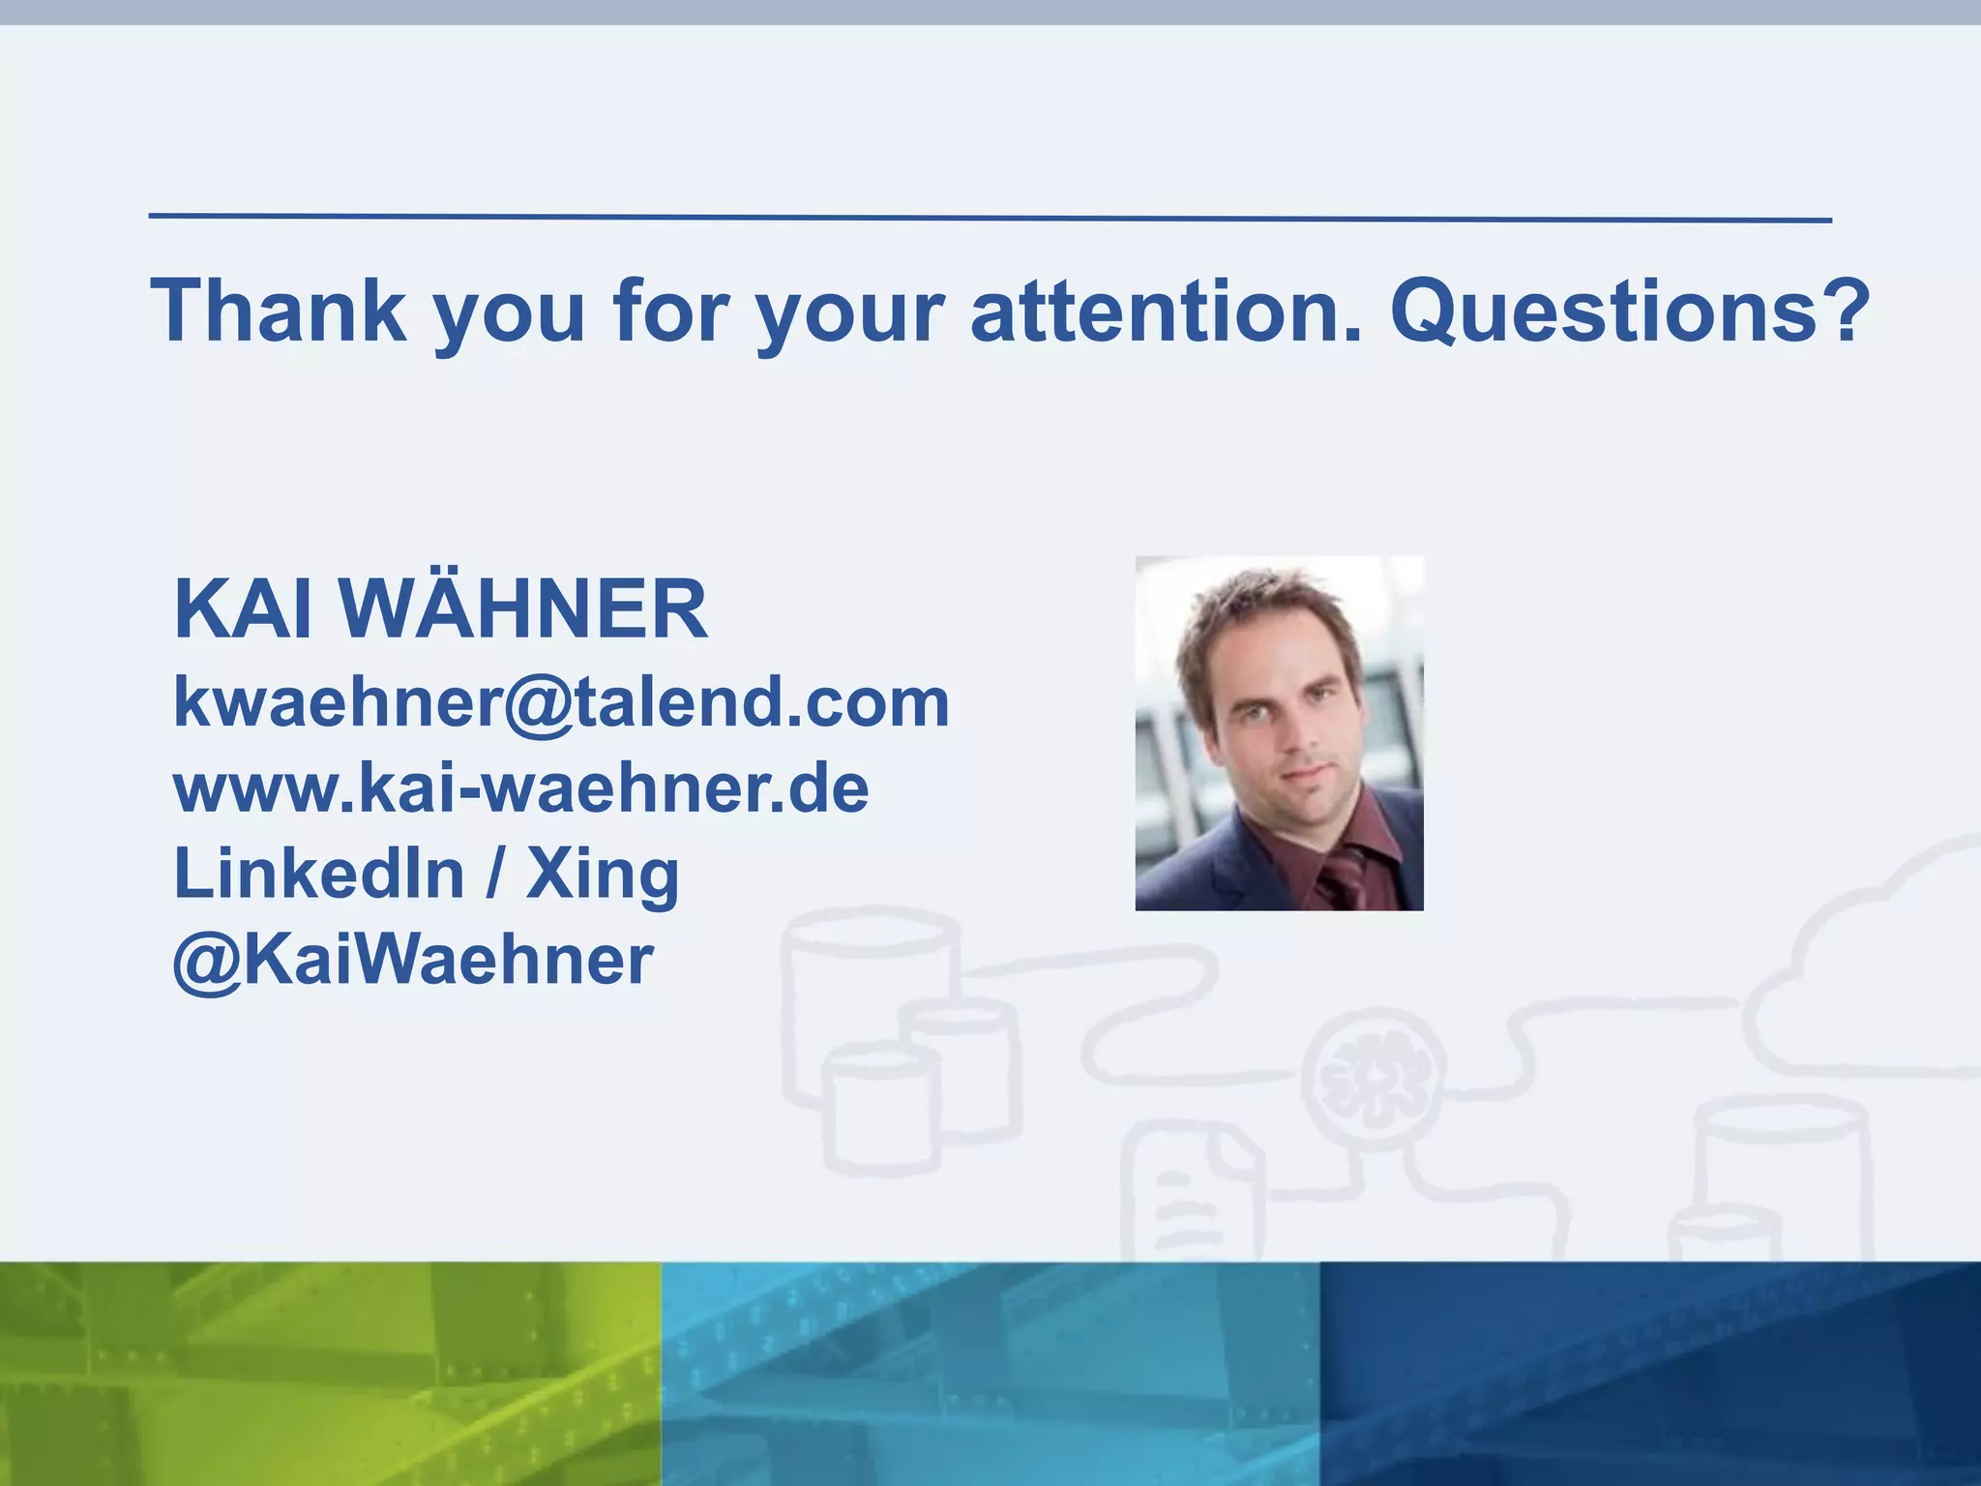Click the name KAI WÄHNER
[441, 609]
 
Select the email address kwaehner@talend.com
[561, 702]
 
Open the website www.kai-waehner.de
[521, 789]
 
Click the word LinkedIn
[319, 874]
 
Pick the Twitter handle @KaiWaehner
[413, 960]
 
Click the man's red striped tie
[1345, 876]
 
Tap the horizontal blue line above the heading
[990, 218]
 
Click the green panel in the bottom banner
[329, 1374]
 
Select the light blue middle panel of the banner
[990, 1374]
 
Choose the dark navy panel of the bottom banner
[1650, 1374]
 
